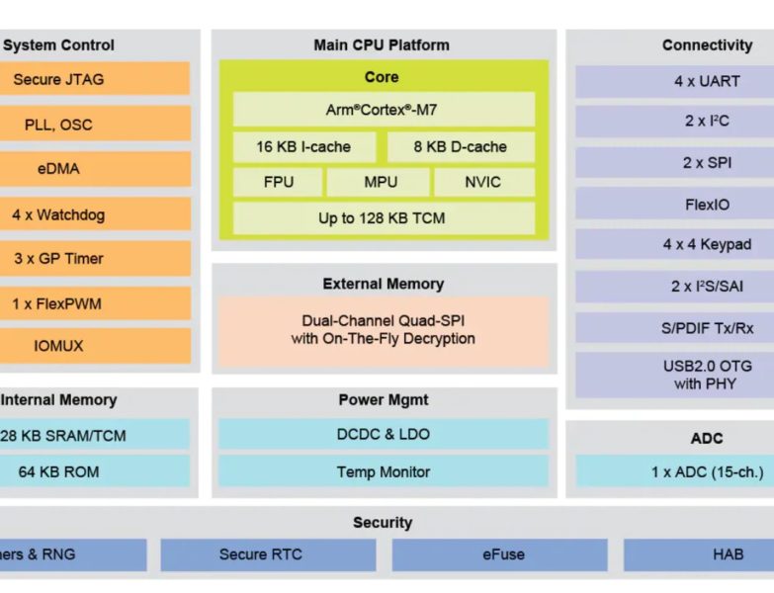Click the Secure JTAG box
coord(94,79)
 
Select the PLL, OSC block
coord(94,125)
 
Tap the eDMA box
coord(94,169)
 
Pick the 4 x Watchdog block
coord(94,214)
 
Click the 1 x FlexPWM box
coord(94,303)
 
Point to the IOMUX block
coord(94,346)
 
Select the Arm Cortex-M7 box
coord(383,110)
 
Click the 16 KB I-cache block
coord(304,146)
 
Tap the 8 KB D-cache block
coord(460,146)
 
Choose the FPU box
coord(278,183)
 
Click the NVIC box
coord(482,183)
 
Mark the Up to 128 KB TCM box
coord(383,218)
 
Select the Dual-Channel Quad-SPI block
coord(383,330)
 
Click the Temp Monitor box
coord(383,471)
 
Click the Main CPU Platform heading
coord(382,44)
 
